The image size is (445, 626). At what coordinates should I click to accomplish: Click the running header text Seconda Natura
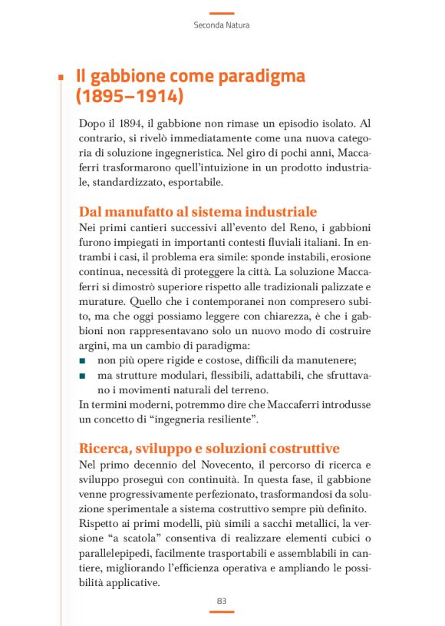click(x=222, y=25)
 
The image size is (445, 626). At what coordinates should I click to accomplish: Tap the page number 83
click(x=222, y=600)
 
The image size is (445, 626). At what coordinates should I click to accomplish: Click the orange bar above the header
click(x=222, y=12)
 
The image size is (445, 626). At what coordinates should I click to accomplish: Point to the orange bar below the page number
click(x=222, y=612)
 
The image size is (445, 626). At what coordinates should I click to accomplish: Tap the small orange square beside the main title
click(x=60, y=77)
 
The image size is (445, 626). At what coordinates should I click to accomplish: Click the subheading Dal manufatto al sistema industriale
click(x=198, y=211)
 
